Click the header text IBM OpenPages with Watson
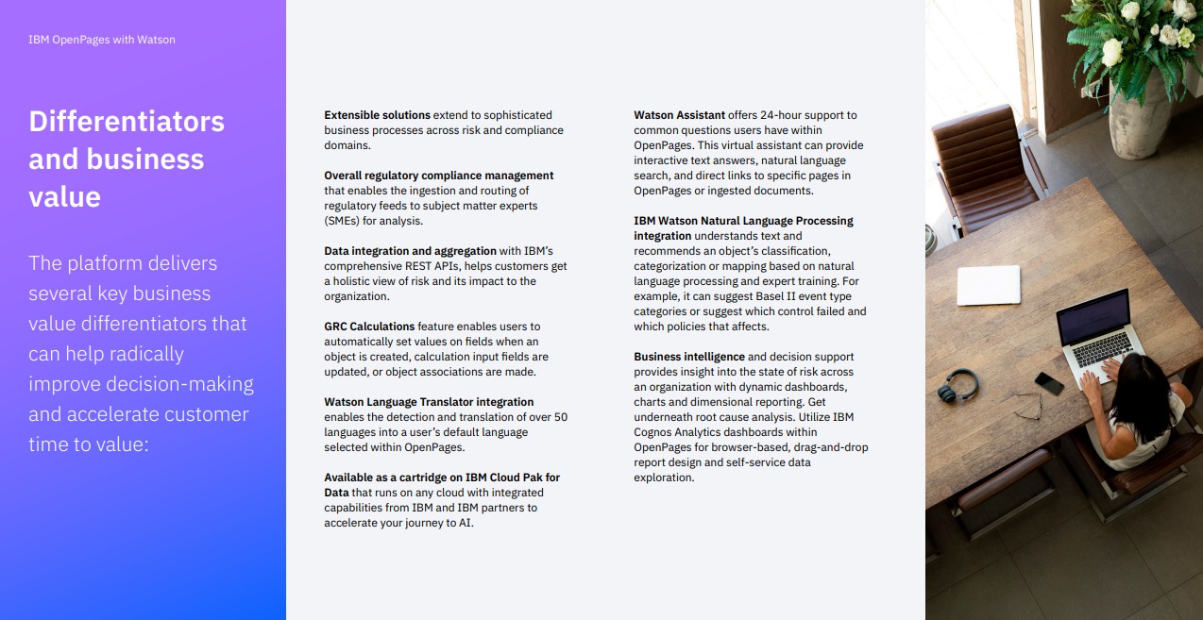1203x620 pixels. pos(102,40)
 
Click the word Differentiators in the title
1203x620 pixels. pos(127,122)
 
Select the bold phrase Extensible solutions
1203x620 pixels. pos(377,115)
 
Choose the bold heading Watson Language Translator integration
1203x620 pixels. pos(429,402)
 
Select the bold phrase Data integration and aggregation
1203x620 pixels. pos(410,251)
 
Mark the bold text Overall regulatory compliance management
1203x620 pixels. pos(438,176)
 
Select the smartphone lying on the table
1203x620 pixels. pos(1048,382)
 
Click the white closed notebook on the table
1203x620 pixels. pos(989,284)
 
